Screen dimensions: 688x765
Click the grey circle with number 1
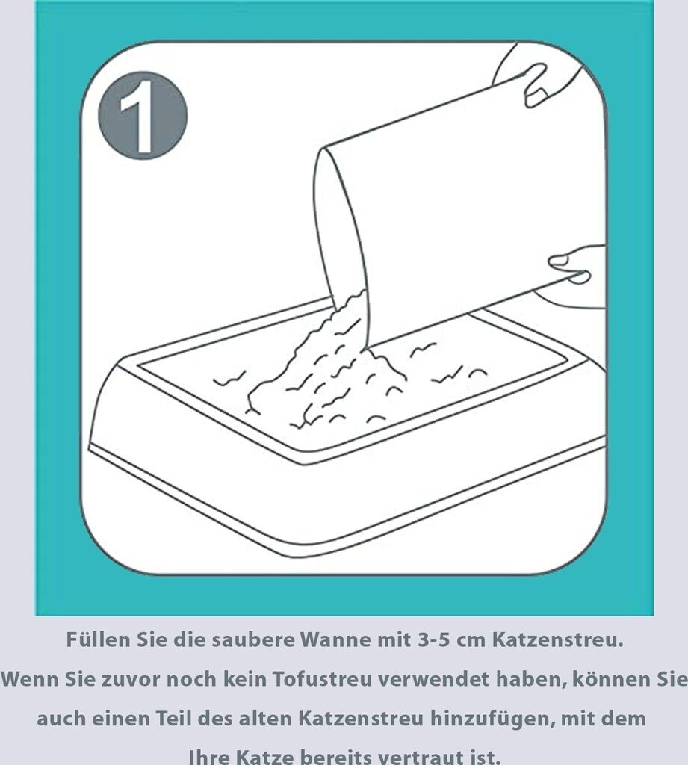[x=143, y=116]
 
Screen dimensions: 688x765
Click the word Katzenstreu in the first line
[x=557, y=639]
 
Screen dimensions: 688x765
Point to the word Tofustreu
[x=323, y=679]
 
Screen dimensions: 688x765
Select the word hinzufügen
[x=492, y=719]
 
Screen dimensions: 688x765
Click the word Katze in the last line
[x=264, y=757]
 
